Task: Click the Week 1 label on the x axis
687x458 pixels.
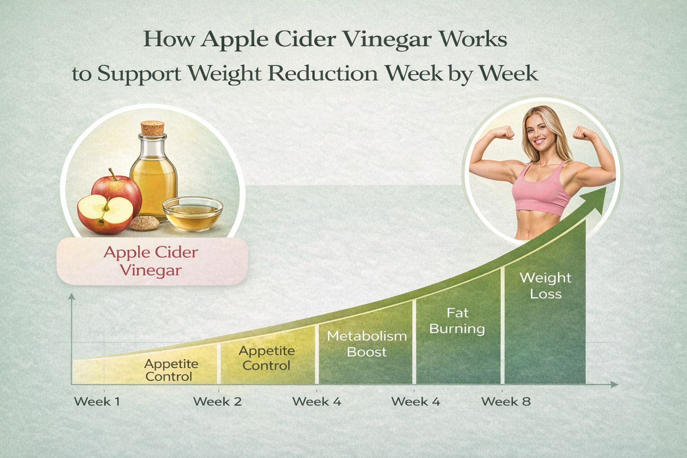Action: [x=97, y=402]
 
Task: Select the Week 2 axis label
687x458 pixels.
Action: [x=217, y=402]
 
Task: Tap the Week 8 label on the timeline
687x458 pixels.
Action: [x=506, y=402]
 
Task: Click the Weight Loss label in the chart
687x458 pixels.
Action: [x=546, y=286]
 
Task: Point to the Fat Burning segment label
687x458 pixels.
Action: [x=457, y=321]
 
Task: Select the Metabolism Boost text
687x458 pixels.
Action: [x=367, y=344]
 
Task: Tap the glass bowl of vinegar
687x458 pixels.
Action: [x=193, y=213]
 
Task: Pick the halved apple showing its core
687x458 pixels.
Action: [x=105, y=213]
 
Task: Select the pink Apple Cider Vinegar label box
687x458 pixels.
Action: [x=153, y=261]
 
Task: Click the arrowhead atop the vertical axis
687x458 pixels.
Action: [x=72, y=297]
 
